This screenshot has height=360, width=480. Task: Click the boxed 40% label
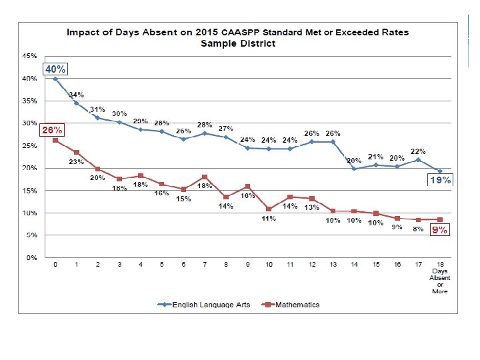click(54, 69)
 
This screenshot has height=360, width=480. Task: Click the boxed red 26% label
click(53, 131)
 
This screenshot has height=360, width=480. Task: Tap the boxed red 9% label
click(439, 230)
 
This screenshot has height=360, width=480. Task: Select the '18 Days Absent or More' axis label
click(439, 278)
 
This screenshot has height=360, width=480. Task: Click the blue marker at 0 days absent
click(55, 79)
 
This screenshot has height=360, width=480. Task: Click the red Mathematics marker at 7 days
click(205, 177)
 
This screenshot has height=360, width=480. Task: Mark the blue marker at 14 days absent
click(354, 169)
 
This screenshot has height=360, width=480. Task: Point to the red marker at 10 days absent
click(269, 209)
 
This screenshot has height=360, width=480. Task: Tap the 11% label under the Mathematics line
click(269, 219)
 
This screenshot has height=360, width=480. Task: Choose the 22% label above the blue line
click(418, 151)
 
